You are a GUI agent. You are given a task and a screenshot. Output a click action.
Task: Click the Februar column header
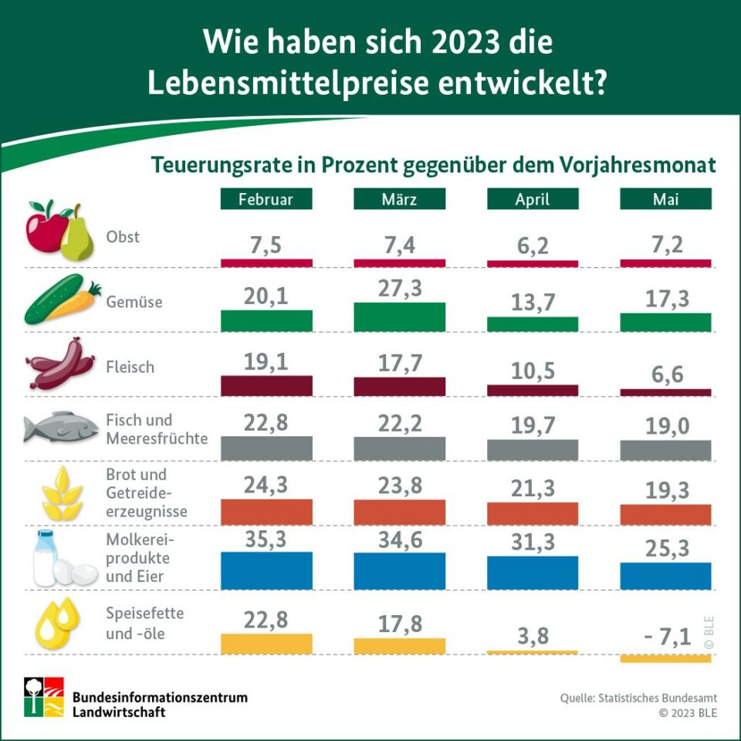coord(266,199)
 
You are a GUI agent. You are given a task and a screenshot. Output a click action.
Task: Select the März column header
coord(399,199)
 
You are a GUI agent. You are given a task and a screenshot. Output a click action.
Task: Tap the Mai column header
coord(665,199)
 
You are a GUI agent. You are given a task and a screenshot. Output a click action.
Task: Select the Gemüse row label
coord(134,302)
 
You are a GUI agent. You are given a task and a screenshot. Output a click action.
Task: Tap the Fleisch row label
coord(130,367)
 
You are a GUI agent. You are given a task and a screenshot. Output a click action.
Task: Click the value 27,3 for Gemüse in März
coord(399,286)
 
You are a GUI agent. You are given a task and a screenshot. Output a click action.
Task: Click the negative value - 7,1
coord(665,636)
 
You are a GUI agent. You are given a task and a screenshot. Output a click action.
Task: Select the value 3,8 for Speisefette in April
coord(532,636)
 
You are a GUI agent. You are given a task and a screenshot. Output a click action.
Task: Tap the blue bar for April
coord(532,573)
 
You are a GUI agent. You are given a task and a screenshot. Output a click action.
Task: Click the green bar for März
coord(399,317)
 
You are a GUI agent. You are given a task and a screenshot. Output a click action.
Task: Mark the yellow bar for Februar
coord(266,644)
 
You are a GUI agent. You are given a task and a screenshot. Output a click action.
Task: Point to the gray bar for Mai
coord(665,451)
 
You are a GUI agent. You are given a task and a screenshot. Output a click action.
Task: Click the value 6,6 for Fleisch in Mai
coord(665,374)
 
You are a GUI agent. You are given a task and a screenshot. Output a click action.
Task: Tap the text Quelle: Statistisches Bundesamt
coord(638,698)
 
